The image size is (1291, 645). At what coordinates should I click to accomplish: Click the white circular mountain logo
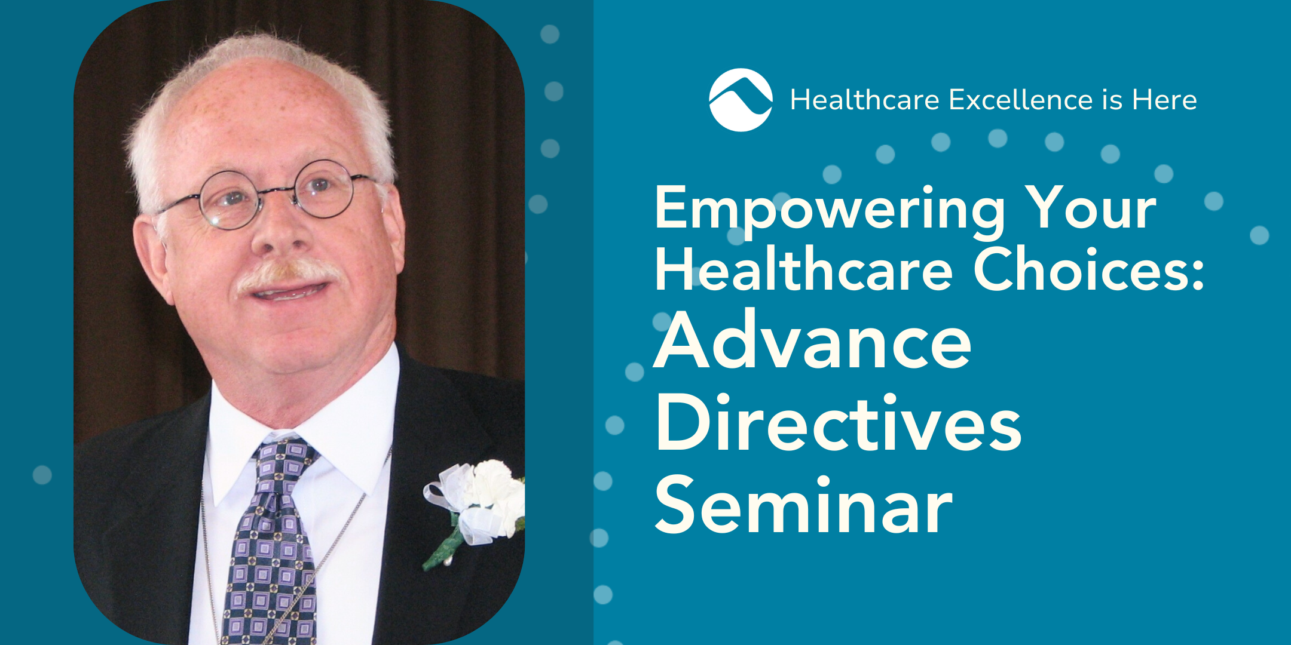coord(741,100)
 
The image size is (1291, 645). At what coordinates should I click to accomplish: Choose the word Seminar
coord(804,505)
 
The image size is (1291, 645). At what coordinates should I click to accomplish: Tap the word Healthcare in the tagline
coord(865,100)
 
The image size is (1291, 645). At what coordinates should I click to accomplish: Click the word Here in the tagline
coord(1164,100)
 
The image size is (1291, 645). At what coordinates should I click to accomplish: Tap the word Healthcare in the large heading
coord(804,270)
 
